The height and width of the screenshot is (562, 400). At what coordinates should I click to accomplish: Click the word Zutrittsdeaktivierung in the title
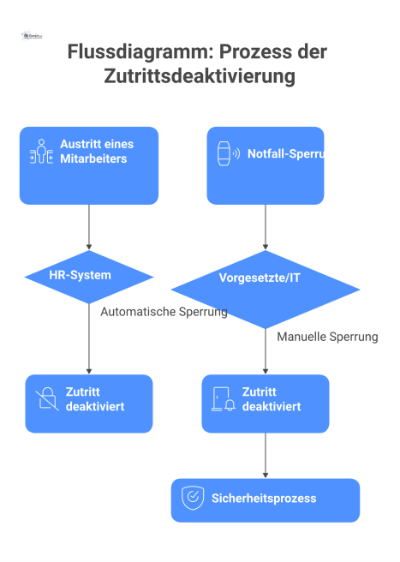(x=200, y=76)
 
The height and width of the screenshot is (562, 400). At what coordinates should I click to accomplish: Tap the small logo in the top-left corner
(x=32, y=37)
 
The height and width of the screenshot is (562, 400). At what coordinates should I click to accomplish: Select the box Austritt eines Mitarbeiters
(x=89, y=165)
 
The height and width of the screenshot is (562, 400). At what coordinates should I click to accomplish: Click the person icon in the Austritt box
(x=40, y=152)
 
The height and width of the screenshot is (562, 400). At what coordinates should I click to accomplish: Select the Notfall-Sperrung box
(x=266, y=165)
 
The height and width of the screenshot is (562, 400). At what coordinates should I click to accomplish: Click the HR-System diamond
(x=89, y=276)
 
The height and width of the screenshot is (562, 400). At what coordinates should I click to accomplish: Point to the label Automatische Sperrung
(x=164, y=312)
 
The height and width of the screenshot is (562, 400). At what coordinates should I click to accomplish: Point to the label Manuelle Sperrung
(x=327, y=338)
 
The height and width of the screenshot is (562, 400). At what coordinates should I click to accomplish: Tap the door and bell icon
(x=223, y=399)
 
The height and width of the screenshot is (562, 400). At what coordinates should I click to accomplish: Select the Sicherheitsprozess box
(x=266, y=499)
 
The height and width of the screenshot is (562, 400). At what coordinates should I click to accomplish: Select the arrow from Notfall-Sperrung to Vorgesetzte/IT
(x=266, y=227)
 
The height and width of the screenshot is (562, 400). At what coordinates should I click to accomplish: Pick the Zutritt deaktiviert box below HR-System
(x=89, y=403)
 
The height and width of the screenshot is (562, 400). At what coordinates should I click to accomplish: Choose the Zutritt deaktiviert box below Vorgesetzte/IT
(x=266, y=403)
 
